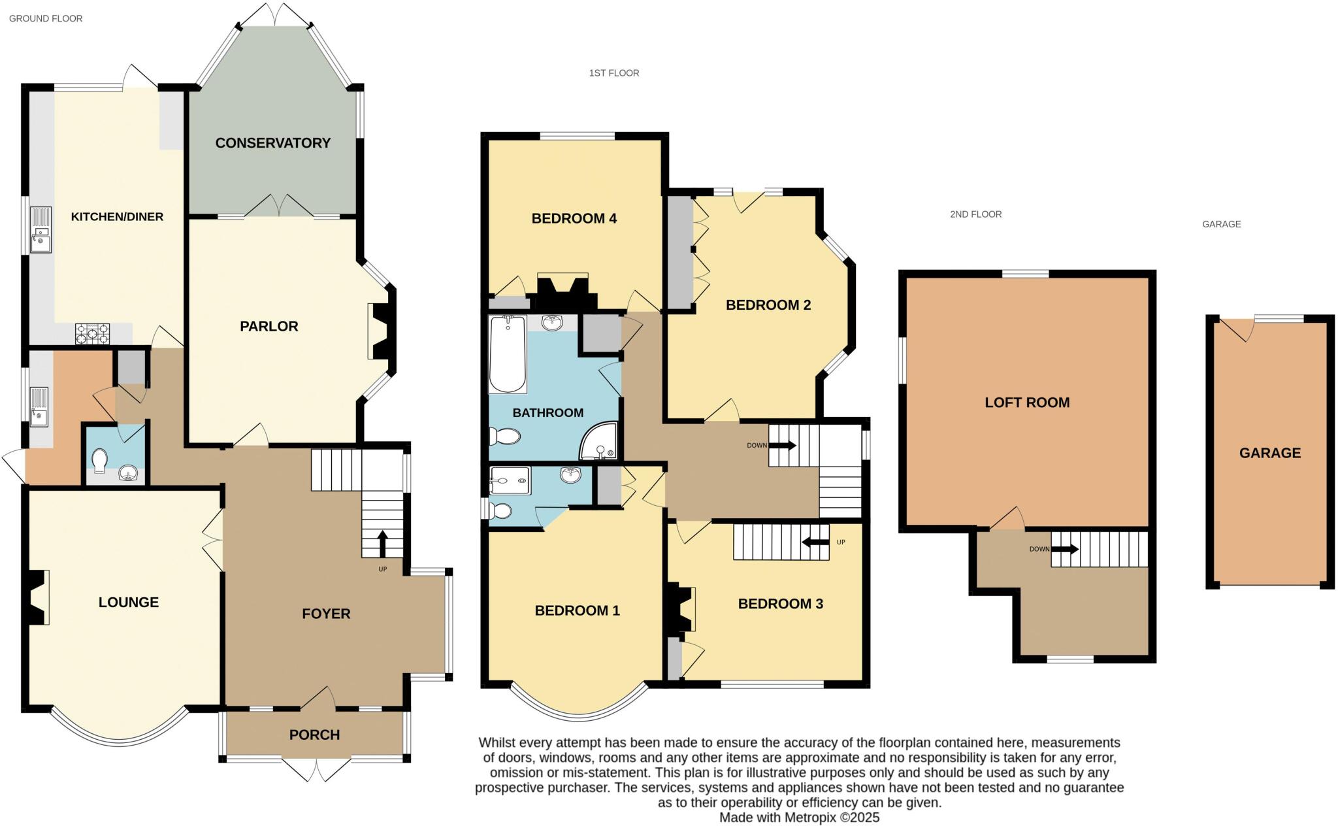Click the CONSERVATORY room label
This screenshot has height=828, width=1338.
[272, 143]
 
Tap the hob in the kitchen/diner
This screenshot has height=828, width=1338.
[92, 334]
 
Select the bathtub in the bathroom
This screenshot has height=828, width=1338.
[508, 354]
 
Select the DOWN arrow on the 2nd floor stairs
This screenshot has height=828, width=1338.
[1065, 549]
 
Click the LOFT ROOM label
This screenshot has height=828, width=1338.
[1027, 403]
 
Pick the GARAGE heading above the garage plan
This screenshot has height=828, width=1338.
[1221, 224]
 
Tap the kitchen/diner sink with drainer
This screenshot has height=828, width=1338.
[41, 229]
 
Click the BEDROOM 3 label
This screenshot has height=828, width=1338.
[780, 604]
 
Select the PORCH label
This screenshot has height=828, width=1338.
[314, 735]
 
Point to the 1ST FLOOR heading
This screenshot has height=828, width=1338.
[613, 73]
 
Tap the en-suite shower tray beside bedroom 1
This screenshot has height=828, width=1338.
[510, 480]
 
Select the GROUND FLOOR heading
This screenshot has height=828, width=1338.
[45, 18]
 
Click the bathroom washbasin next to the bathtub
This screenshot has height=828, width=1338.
[553, 322]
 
